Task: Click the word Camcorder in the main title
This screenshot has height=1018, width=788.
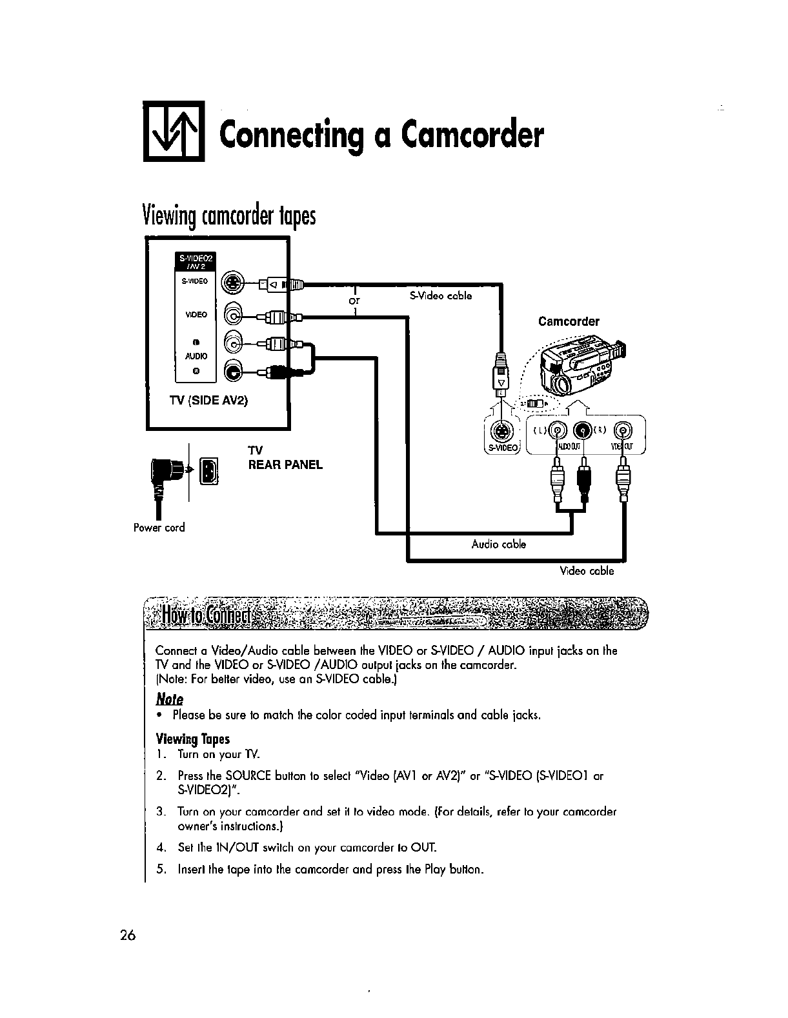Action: click(472, 135)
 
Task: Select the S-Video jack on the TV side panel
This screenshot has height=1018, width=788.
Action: click(232, 283)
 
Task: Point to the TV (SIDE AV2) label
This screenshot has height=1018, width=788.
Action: click(208, 400)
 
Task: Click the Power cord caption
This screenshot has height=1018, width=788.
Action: click(159, 528)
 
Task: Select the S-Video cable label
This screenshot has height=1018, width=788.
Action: click(441, 296)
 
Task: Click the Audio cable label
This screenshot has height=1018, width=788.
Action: click(498, 544)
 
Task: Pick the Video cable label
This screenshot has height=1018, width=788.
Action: click(587, 571)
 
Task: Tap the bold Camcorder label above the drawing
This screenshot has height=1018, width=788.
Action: click(569, 321)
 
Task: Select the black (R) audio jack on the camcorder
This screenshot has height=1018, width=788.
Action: click(582, 429)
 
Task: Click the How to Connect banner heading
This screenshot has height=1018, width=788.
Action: click(210, 615)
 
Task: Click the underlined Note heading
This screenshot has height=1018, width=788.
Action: click(170, 699)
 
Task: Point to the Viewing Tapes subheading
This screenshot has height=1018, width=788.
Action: click(192, 739)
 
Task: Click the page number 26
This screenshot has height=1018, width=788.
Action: click(126, 935)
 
